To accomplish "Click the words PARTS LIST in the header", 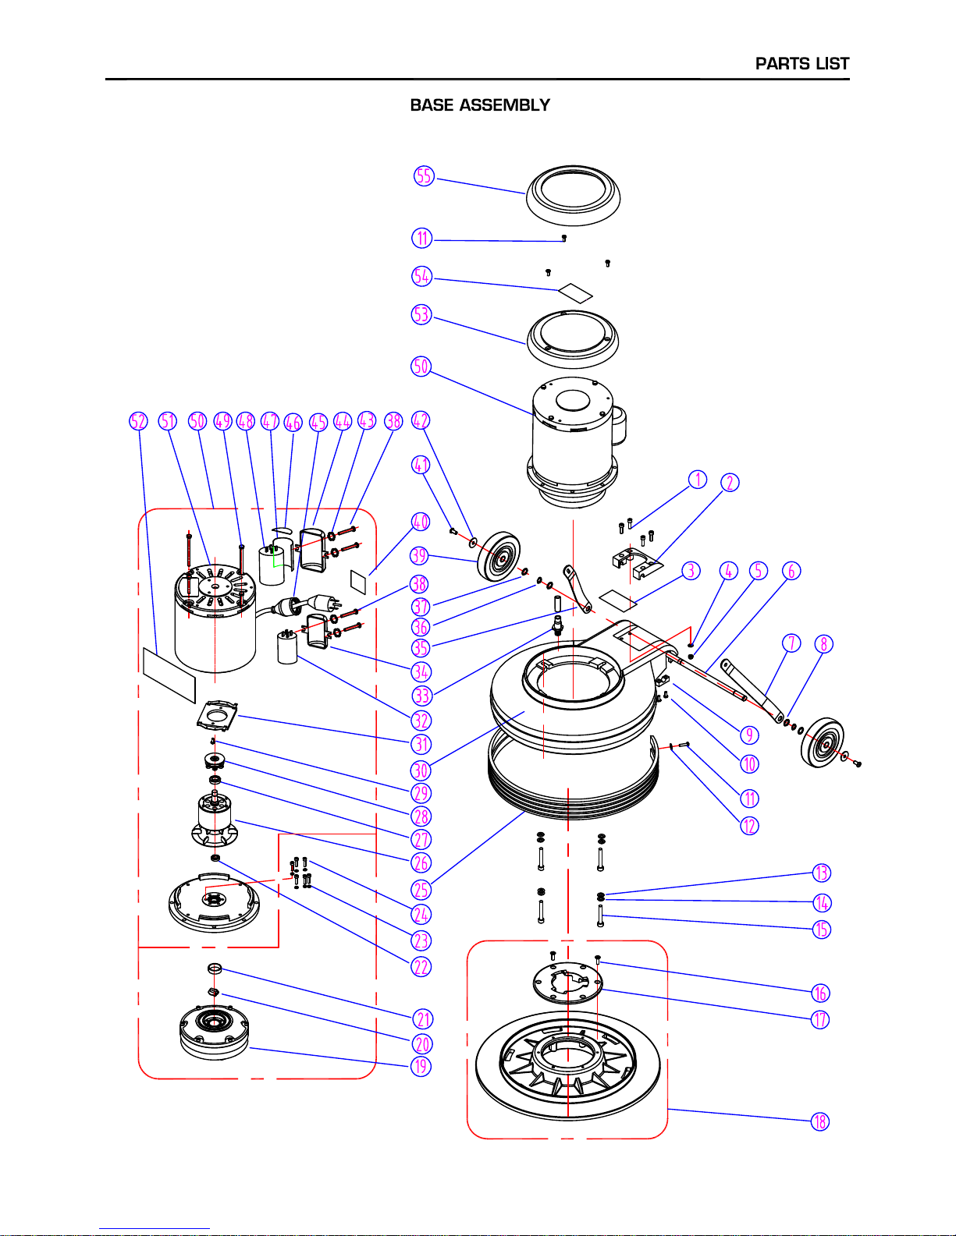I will coord(801,64).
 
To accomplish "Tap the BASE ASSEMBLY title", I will coord(480,105).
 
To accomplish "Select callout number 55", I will coord(424,175).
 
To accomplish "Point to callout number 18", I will coord(819,1121).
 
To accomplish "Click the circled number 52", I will coord(138,421).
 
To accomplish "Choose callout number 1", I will coord(697,479).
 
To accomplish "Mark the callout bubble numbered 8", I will coord(823,644).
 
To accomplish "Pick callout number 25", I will coord(421,890).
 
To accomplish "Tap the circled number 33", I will coord(421,696).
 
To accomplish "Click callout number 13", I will coord(821,873).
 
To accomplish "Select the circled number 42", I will coord(421,420).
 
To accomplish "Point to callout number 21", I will coord(422,1018).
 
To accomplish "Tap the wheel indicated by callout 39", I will coord(499,556).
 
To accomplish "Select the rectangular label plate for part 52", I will coord(169,674).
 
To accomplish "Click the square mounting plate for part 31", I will coord(216,715).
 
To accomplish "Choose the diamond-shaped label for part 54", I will coord(575,292).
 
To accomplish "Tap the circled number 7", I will coord(791,643).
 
